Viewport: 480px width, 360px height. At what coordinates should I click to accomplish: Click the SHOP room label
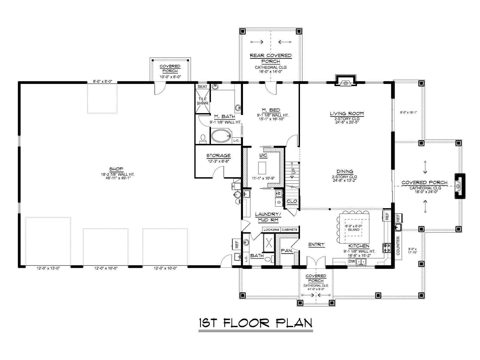click(x=116, y=169)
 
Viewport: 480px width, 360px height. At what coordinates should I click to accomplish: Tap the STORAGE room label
click(x=218, y=156)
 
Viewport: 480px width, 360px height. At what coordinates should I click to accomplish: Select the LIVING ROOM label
click(x=346, y=113)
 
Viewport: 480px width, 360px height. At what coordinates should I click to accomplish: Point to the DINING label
click(x=345, y=172)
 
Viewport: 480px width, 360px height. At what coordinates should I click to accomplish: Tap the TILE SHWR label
click(x=202, y=101)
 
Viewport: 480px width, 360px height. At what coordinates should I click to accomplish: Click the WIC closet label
click(x=263, y=155)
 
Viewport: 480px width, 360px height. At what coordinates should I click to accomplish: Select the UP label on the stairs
click(x=294, y=170)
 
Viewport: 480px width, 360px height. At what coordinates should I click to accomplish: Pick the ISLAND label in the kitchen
click(x=354, y=229)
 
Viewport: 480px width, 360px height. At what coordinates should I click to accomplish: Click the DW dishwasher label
click(x=351, y=261)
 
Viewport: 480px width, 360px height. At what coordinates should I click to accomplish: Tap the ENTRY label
click(x=316, y=244)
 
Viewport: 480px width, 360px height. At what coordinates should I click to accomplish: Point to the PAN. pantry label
click(x=287, y=251)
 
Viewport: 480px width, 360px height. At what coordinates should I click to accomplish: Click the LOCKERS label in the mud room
click(x=271, y=230)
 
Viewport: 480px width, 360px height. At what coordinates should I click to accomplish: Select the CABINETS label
click(x=289, y=230)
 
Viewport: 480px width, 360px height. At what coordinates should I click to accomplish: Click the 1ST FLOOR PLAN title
click(x=255, y=323)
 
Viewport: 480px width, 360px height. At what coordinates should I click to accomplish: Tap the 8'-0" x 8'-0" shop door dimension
click(x=102, y=82)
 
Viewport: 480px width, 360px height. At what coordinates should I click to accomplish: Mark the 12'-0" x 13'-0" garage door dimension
click(x=48, y=268)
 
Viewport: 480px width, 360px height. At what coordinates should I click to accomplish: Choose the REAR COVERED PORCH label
click(x=271, y=58)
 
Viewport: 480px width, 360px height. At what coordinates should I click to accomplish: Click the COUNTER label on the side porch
click(x=398, y=246)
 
